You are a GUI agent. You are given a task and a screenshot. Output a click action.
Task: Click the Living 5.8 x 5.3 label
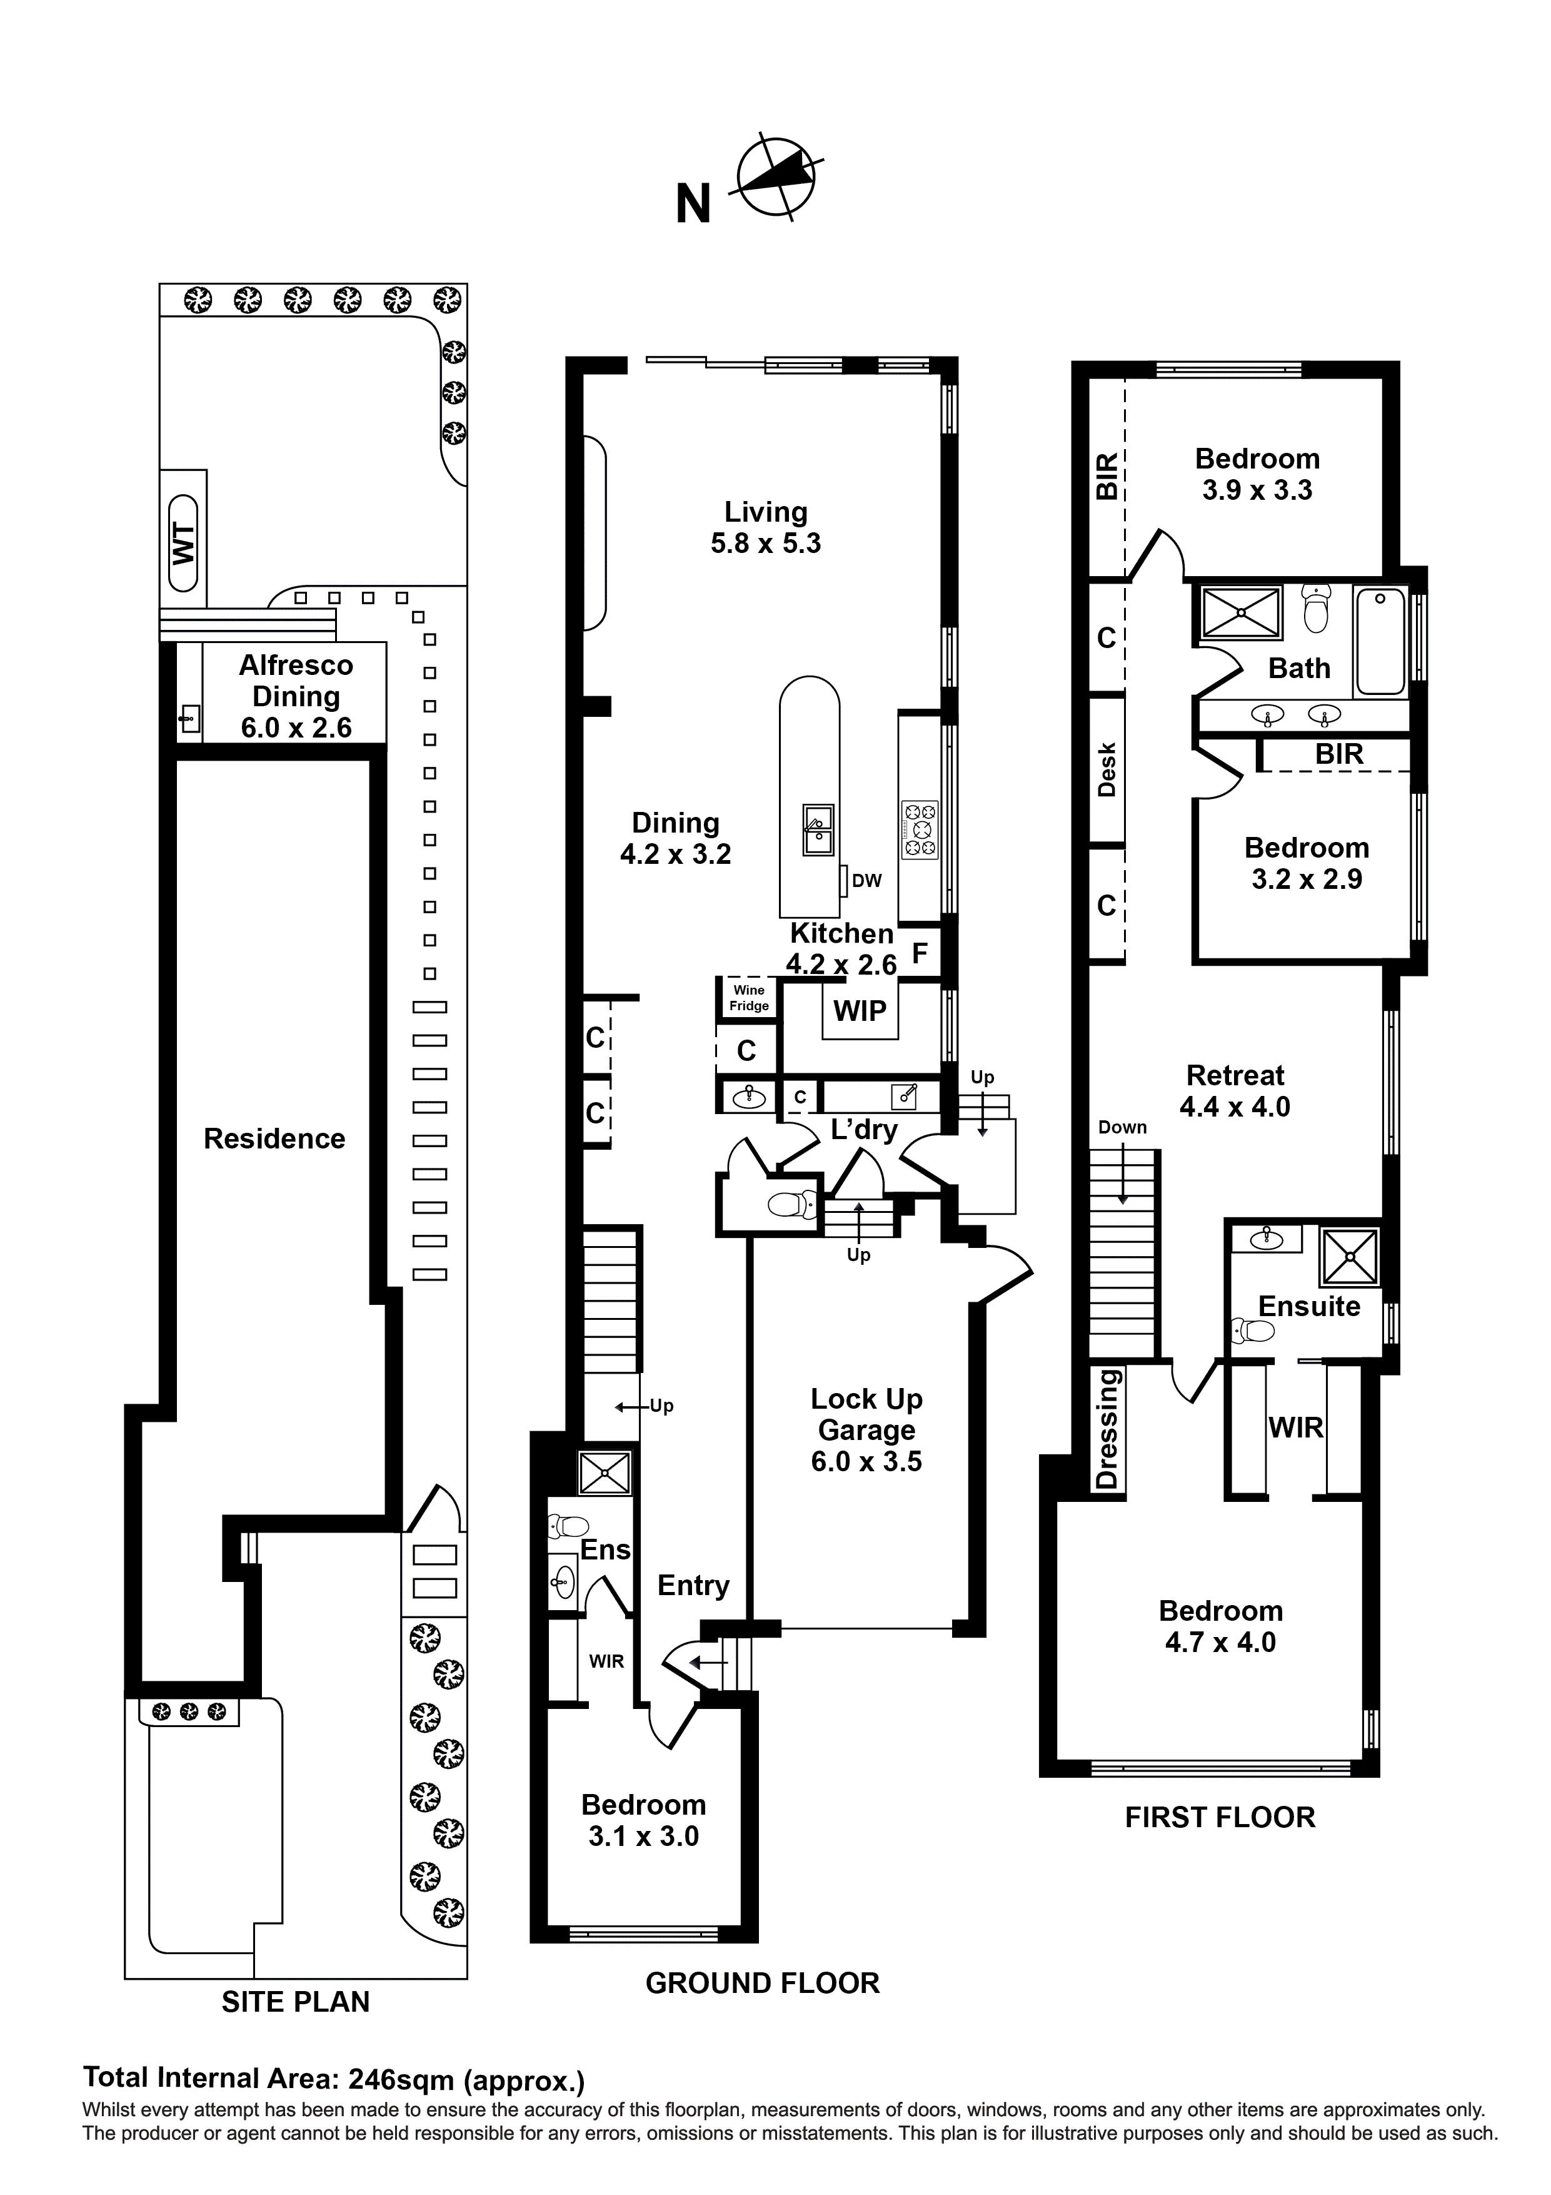[765, 528]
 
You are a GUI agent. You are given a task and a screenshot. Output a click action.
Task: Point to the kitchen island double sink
[818, 829]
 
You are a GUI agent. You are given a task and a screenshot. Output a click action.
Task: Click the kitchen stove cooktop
[920, 829]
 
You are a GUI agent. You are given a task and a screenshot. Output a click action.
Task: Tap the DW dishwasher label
[866, 881]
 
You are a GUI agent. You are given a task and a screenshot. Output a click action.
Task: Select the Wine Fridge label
[748, 998]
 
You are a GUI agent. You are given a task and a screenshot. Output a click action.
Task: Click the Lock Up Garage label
[866, 1429]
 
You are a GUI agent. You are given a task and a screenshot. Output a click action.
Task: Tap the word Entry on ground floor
[693, 1585]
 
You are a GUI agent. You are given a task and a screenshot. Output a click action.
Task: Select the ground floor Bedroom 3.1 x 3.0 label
[643, 1820]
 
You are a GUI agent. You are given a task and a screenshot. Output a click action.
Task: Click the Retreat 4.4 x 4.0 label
[1235, 1091]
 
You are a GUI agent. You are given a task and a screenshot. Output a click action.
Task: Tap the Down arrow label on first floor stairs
[1122, 1127]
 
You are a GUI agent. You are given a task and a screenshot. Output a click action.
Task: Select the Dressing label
[1107, 1429]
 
